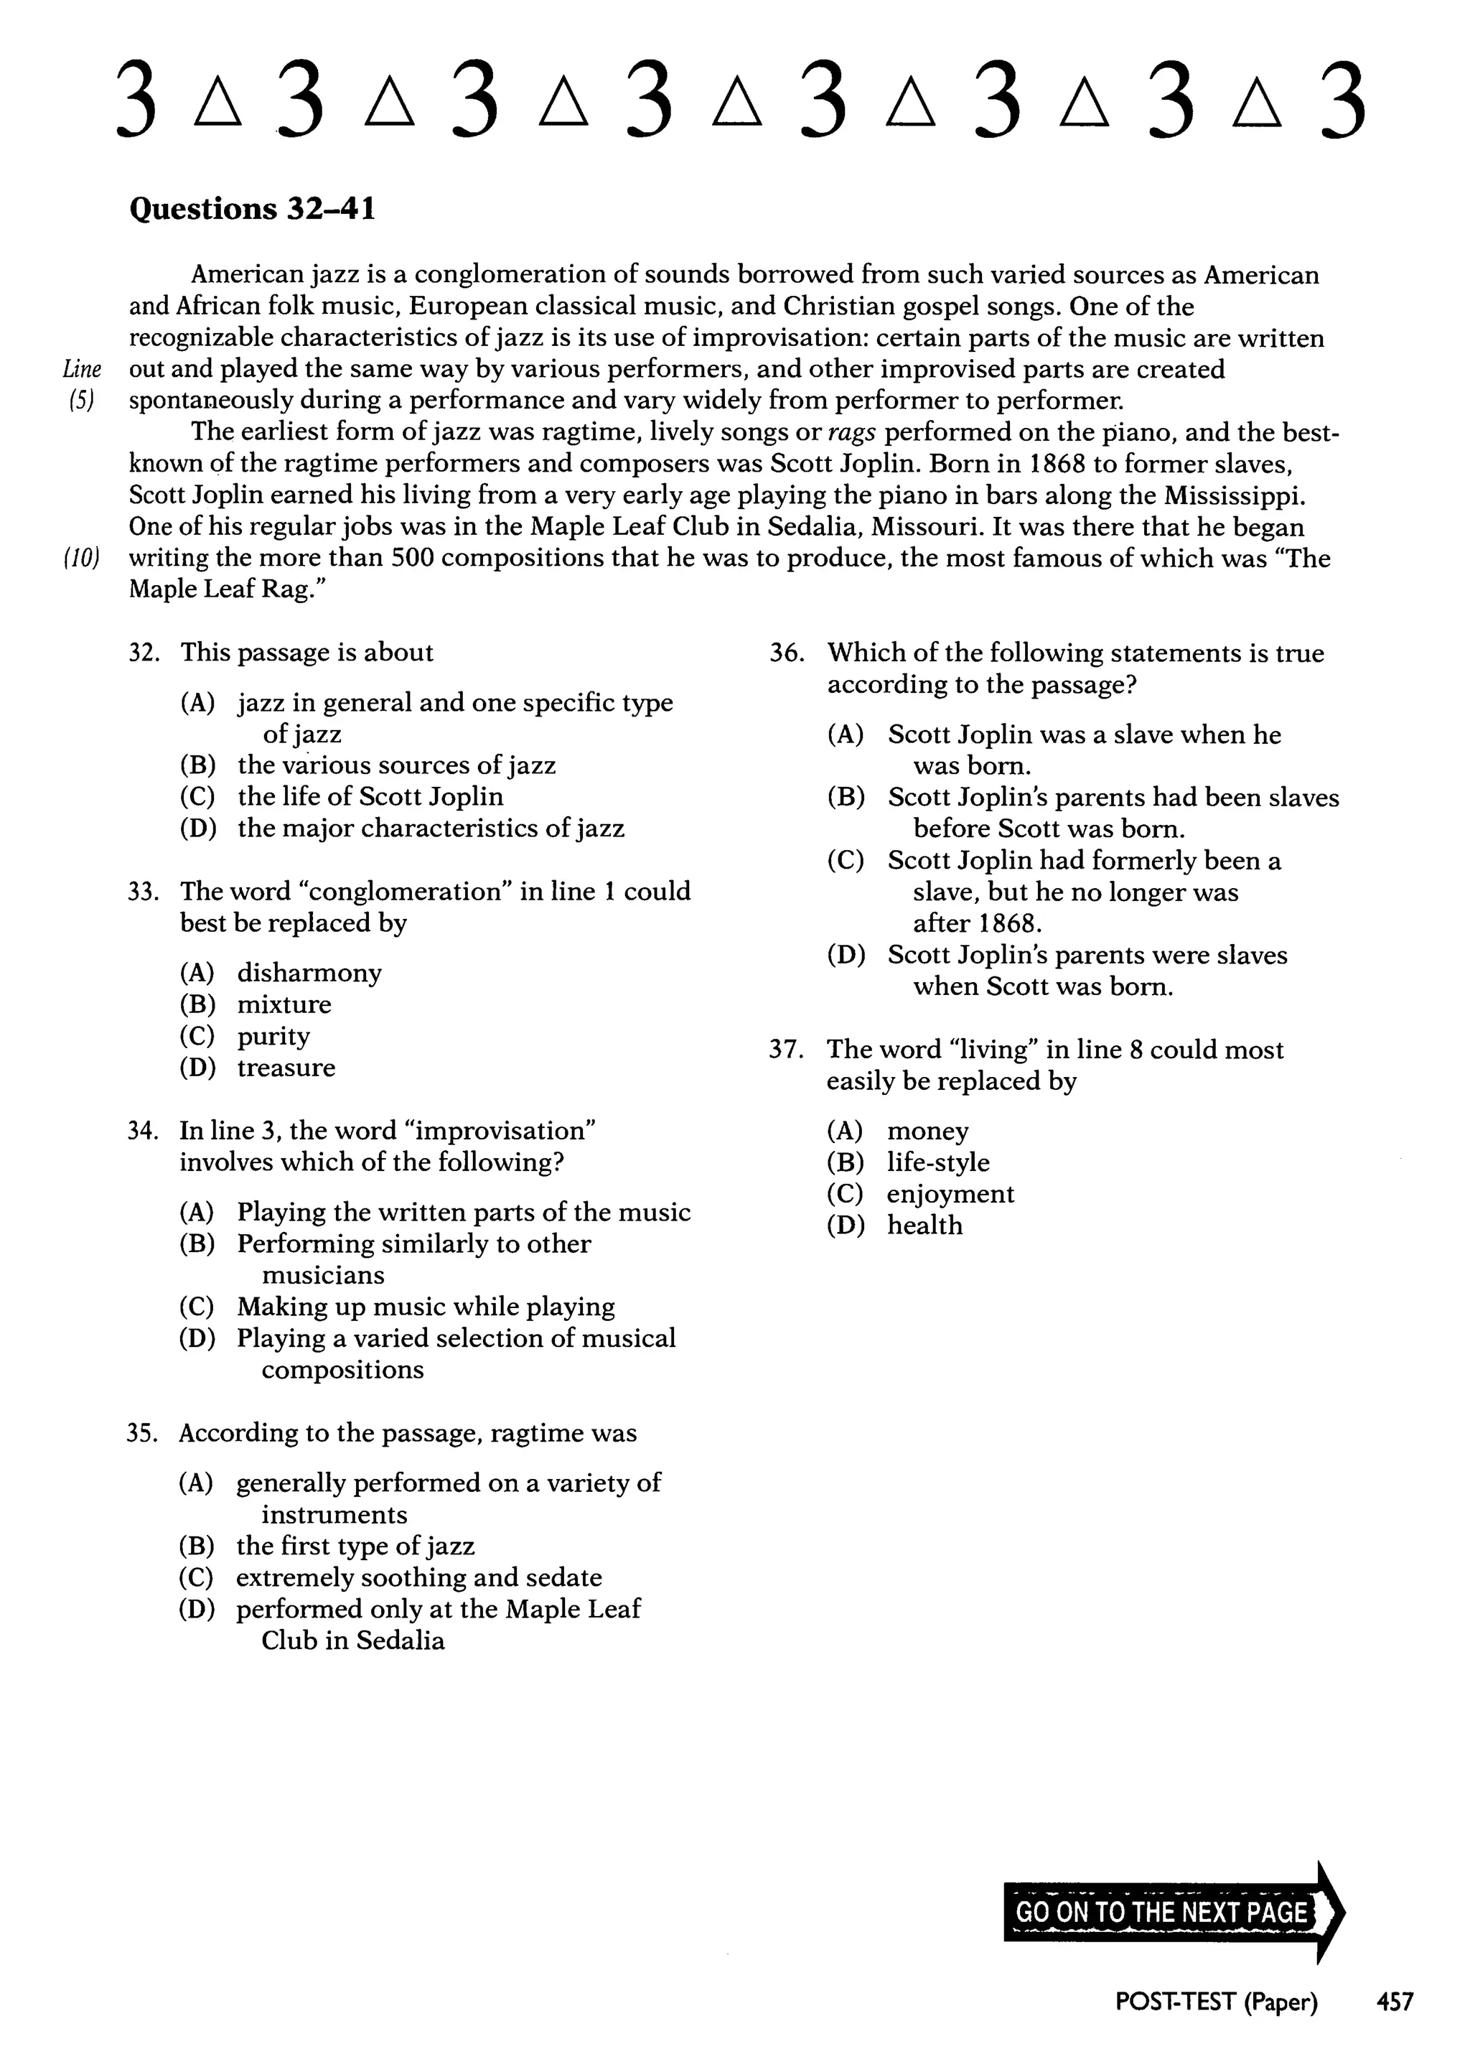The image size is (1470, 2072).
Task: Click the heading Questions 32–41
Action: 252,209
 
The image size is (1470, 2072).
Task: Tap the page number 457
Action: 1394,2002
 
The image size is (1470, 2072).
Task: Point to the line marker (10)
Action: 81,559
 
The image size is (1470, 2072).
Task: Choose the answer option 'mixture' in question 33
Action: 284,1005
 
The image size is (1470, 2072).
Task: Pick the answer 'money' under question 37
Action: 928,1131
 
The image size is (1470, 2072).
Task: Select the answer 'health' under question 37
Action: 924,1226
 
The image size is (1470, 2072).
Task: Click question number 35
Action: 142,1434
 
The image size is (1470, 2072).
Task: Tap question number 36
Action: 787,653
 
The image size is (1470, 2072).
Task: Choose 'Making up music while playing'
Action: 426,1307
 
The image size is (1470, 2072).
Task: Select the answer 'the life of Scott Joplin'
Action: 370,797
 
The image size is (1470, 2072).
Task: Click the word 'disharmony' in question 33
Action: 309,973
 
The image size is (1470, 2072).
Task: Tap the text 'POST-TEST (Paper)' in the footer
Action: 1216,2002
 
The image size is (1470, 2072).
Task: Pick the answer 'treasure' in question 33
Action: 286,1068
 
